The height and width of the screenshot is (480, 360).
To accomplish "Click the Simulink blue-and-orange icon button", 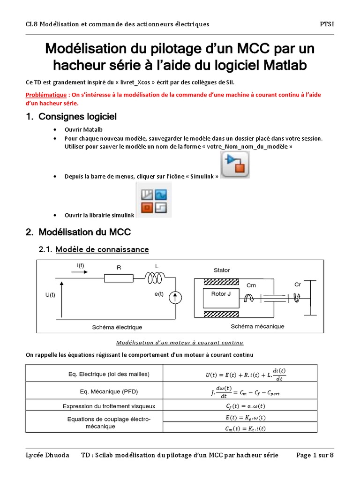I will pos(235,166).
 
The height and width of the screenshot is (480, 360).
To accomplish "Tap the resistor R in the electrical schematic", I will pos(119,278).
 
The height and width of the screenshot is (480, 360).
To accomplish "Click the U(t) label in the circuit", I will pos(50,295).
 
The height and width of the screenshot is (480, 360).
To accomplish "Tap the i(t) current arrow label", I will pos(81,266).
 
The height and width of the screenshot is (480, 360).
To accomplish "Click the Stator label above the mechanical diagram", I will pos(222,270).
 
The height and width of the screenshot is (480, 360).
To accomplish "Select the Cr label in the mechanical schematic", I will pos(298,285).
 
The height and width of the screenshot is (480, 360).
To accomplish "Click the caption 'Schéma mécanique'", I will pos(257,326).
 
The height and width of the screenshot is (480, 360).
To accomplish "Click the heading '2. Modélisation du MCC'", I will pos(79,232).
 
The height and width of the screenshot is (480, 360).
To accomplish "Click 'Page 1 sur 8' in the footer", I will pos(315,455).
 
